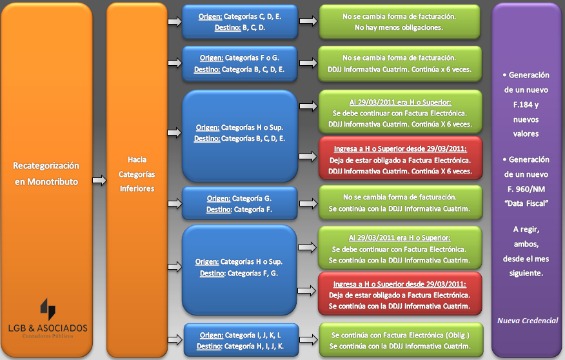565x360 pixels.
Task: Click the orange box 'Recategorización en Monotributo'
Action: (x=46, y=174)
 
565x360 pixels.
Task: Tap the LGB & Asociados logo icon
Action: (x=48, y=309)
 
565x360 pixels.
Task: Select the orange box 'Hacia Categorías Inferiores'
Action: (x=137, y=174)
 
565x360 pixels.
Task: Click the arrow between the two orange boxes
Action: (x=99, y=181)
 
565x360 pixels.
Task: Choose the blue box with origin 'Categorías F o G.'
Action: (x=240, y=63)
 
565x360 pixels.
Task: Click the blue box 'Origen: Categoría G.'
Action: (x=239, y=204)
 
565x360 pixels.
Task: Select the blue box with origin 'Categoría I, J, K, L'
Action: (x=240, y=341)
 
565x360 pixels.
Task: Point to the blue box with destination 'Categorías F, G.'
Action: (x=239, y=268)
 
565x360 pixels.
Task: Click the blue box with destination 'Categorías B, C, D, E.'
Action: (x=239, y=134)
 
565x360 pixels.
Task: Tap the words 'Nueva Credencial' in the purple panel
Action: (x=528, y=321)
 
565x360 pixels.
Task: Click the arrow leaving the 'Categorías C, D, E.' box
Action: (x=308, y=21)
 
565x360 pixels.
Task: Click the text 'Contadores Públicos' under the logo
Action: (x=48, y=336)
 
